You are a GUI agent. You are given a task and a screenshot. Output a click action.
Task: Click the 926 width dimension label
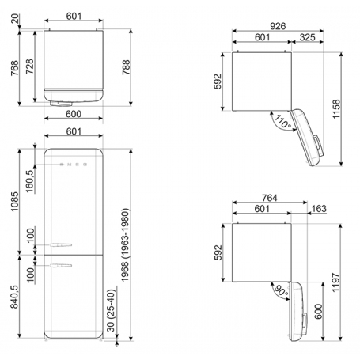pos(278,26)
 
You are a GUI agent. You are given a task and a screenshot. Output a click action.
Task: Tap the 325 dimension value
pos(308,37)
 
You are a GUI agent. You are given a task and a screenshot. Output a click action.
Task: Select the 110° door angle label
pos(282,122)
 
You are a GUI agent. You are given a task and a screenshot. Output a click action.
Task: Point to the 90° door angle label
pos(281,290)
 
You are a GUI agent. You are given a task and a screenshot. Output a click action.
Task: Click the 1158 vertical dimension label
pos(336,109)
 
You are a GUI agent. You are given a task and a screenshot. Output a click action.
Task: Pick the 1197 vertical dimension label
pos(335,282)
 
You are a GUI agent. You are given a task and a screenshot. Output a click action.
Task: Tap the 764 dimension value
pos(270,198)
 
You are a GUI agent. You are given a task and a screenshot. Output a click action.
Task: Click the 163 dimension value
pos(319,209)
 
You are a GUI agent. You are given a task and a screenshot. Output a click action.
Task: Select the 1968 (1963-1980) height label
pos(125,245)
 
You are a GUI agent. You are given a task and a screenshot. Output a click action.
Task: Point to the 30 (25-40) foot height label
pos(111,310)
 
